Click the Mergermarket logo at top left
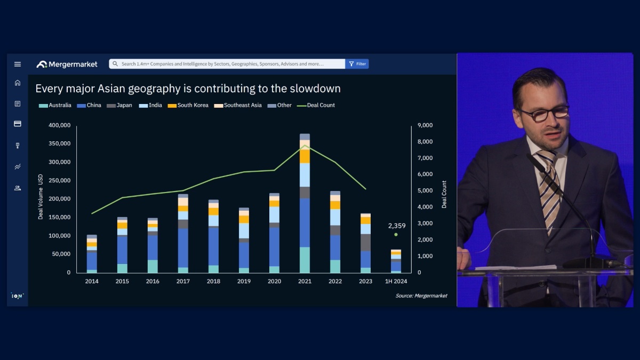click(67, 64)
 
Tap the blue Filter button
click(357, 64)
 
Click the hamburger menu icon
click(18, 64)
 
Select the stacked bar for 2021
click(305, 203)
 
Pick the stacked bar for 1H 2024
click(396, 261)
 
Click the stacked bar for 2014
click(92, 253)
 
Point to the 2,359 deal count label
click(396, 226)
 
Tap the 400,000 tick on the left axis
click(59, 125)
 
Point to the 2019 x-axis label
click(244, 281)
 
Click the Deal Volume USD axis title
click(41, 196)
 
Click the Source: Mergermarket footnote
click(421, 295)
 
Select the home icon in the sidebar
click(18, 83)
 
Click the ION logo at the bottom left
click(18, 295)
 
